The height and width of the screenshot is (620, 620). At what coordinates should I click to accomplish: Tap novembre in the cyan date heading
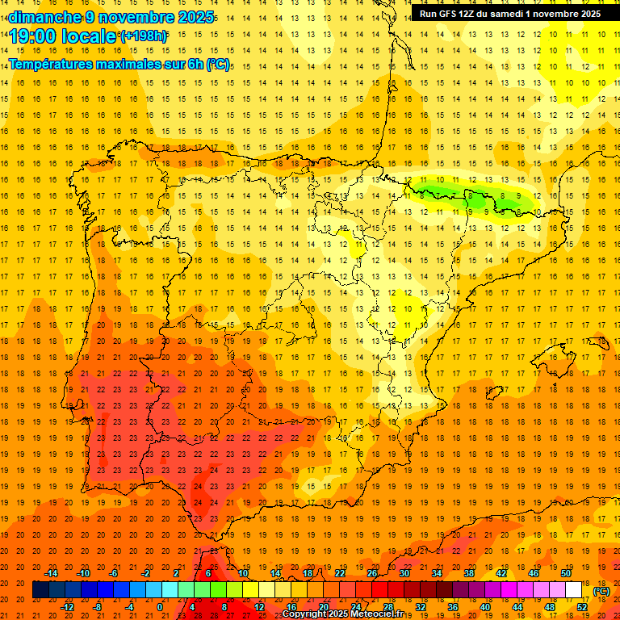(135, 17)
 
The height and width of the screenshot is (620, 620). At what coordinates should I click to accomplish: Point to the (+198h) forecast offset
(143, 36)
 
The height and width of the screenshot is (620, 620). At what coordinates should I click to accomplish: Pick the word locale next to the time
(92, 36)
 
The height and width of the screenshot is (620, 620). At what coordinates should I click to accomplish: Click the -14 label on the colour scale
(52, 573)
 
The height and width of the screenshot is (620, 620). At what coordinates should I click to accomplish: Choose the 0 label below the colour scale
(160, 606)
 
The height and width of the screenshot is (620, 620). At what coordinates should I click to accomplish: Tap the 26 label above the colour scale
(372, 573)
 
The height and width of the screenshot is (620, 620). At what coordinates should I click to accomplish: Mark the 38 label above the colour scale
(468, 573)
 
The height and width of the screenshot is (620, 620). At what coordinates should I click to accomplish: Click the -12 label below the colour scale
(69, 606)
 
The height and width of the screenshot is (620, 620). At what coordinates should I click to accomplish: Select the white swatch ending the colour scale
(573, 589)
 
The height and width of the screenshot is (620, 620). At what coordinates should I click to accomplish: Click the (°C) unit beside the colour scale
(601, 591)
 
